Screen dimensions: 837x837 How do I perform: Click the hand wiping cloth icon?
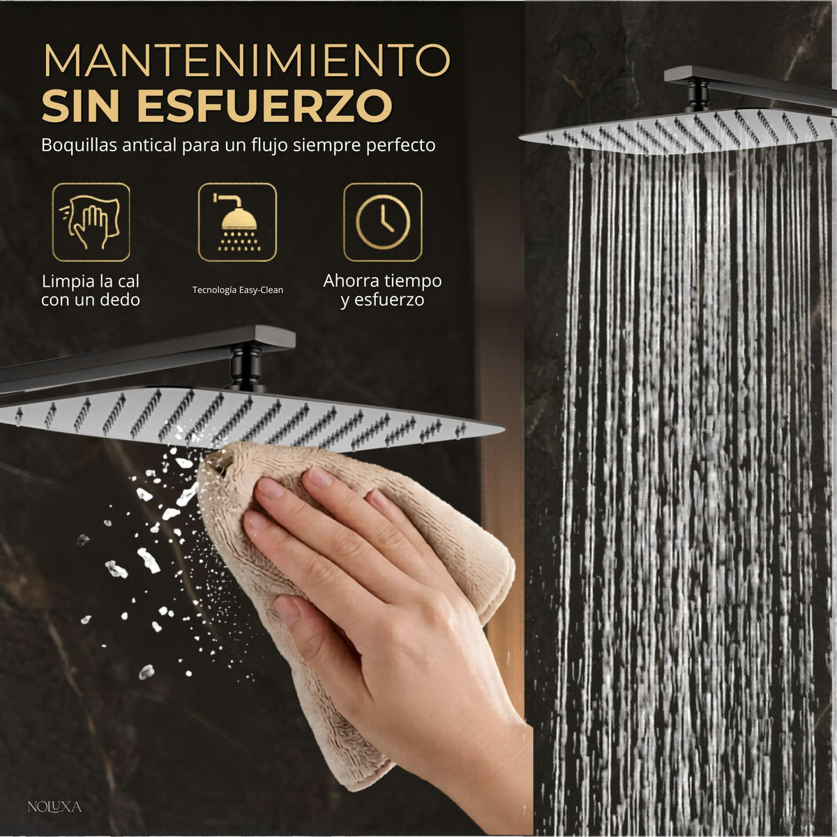91,222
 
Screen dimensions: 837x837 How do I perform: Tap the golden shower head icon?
237,222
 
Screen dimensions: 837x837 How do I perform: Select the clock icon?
383,222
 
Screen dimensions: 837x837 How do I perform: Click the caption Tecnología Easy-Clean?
238,289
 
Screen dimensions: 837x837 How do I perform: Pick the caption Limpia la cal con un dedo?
91,290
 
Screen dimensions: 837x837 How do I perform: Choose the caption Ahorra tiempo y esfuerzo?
382,290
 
